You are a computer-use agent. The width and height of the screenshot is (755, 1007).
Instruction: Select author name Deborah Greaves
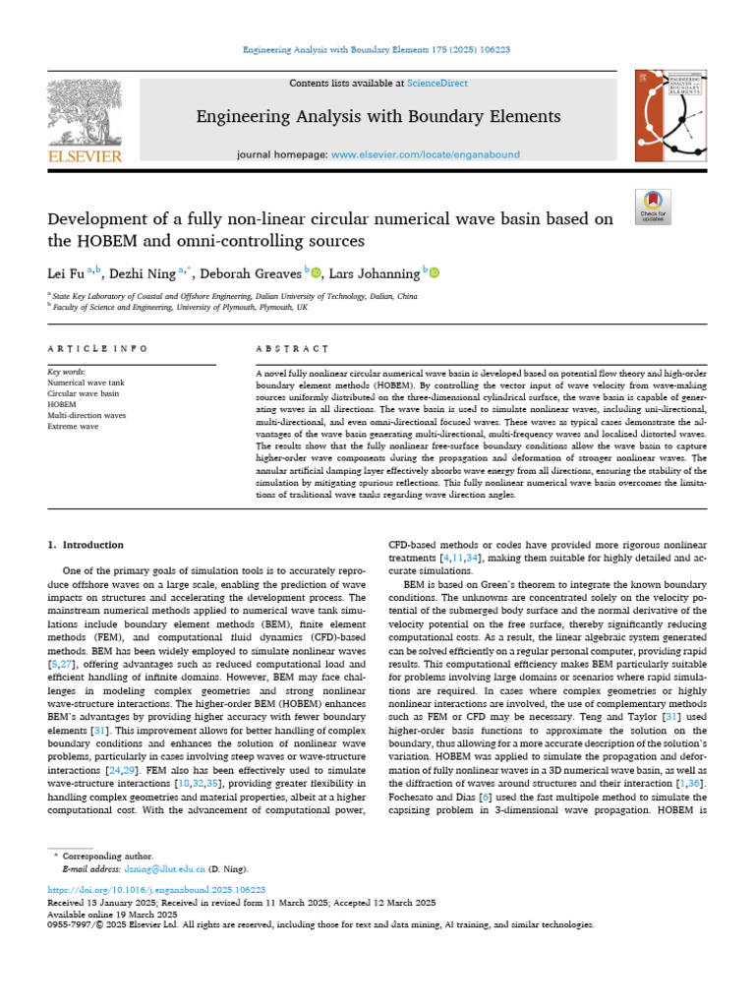[261, 272]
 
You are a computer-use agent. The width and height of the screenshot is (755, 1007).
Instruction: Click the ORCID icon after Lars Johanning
[435, 272]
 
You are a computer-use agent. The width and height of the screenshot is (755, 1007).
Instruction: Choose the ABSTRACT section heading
[292, 349]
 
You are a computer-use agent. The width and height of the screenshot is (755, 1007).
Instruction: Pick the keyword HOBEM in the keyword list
[62, 404]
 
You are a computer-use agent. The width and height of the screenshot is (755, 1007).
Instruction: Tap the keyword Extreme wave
[73, 427]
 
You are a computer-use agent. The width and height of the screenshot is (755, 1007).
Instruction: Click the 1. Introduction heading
[86, 545]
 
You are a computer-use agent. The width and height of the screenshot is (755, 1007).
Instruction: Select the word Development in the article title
[103, 218]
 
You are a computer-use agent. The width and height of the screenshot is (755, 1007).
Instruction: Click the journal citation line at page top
[377, 49]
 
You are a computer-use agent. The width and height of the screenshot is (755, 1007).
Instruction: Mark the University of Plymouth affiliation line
[180, 306]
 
